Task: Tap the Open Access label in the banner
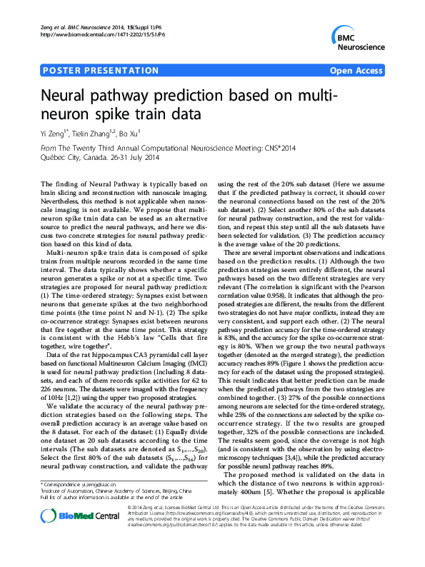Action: (356, 71)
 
